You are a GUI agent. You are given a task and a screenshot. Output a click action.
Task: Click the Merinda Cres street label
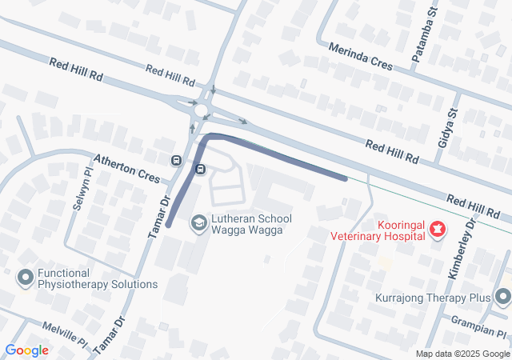pyautogui.click(x=361, y=56)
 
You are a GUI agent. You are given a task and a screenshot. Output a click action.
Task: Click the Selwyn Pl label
pyautogui.click(x=83, y=190)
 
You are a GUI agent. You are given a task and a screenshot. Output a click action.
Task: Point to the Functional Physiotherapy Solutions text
pyautogui.click(x=97, y=278)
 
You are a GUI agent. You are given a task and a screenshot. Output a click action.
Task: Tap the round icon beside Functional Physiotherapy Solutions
pyautogui.click(x=26, y=278)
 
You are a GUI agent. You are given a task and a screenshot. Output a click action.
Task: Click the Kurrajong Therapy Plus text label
pyautogui.click(x=433, y=298)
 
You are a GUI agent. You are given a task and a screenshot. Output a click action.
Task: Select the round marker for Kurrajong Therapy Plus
pyautogui.click(x=502, y=298)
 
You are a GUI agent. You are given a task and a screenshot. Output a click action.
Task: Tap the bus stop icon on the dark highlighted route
pyautogui.click(x=200, y=169)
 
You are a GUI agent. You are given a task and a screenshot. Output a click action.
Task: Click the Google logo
pyautogui.click(x=26, y=350)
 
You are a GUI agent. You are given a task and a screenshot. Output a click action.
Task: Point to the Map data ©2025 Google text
pyautogui.click(x=462, y=354)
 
